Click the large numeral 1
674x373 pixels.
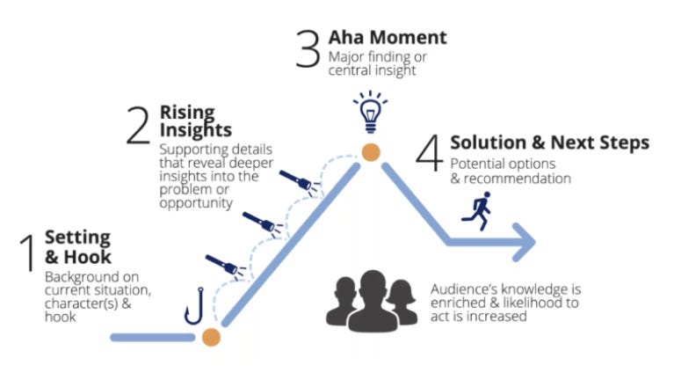click(x=27, y=255)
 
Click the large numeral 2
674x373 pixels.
click(x=138, y=124)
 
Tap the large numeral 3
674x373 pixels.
click(x=307, y=48)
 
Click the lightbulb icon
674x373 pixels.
click(x=370, y=110)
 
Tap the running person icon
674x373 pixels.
click(x=477, y=211)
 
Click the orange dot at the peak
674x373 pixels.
click(x=371, y=151)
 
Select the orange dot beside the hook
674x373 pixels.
click(x=211, y=336)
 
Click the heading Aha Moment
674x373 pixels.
click(x=388, y=38)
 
